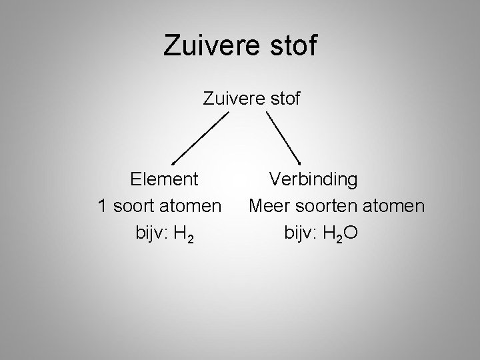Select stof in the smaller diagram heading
[x=283, y=100]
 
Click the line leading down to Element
[x=200, y=137]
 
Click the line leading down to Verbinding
[x=283, y=137]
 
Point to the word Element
[x=164, y=179]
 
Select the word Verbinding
[x=313, y=179]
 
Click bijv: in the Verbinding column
[x=303, y=234]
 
